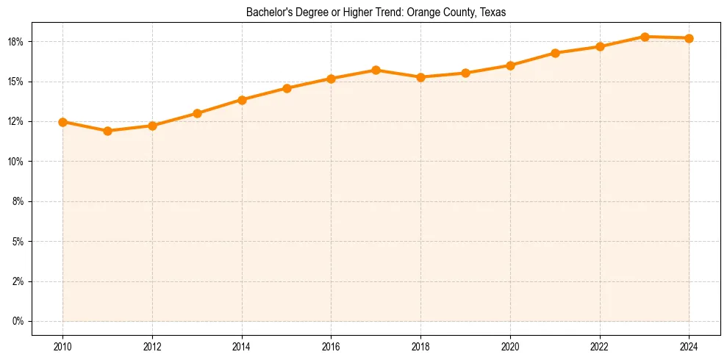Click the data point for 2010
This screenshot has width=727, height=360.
point(62,122)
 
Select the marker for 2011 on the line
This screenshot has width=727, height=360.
point(107,131)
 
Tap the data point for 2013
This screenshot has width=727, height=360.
point(197,113)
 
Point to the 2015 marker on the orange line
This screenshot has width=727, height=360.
point(287,88)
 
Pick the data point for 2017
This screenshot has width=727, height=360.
point(376,70)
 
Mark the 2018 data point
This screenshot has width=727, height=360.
point(420,77)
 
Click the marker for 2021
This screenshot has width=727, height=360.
point(555,53)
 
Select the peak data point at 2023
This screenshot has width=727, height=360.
point(645,37)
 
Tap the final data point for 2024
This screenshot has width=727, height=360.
point(689,38)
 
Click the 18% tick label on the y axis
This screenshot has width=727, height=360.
point(16,42)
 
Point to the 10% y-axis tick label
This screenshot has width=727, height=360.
point(16,162)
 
